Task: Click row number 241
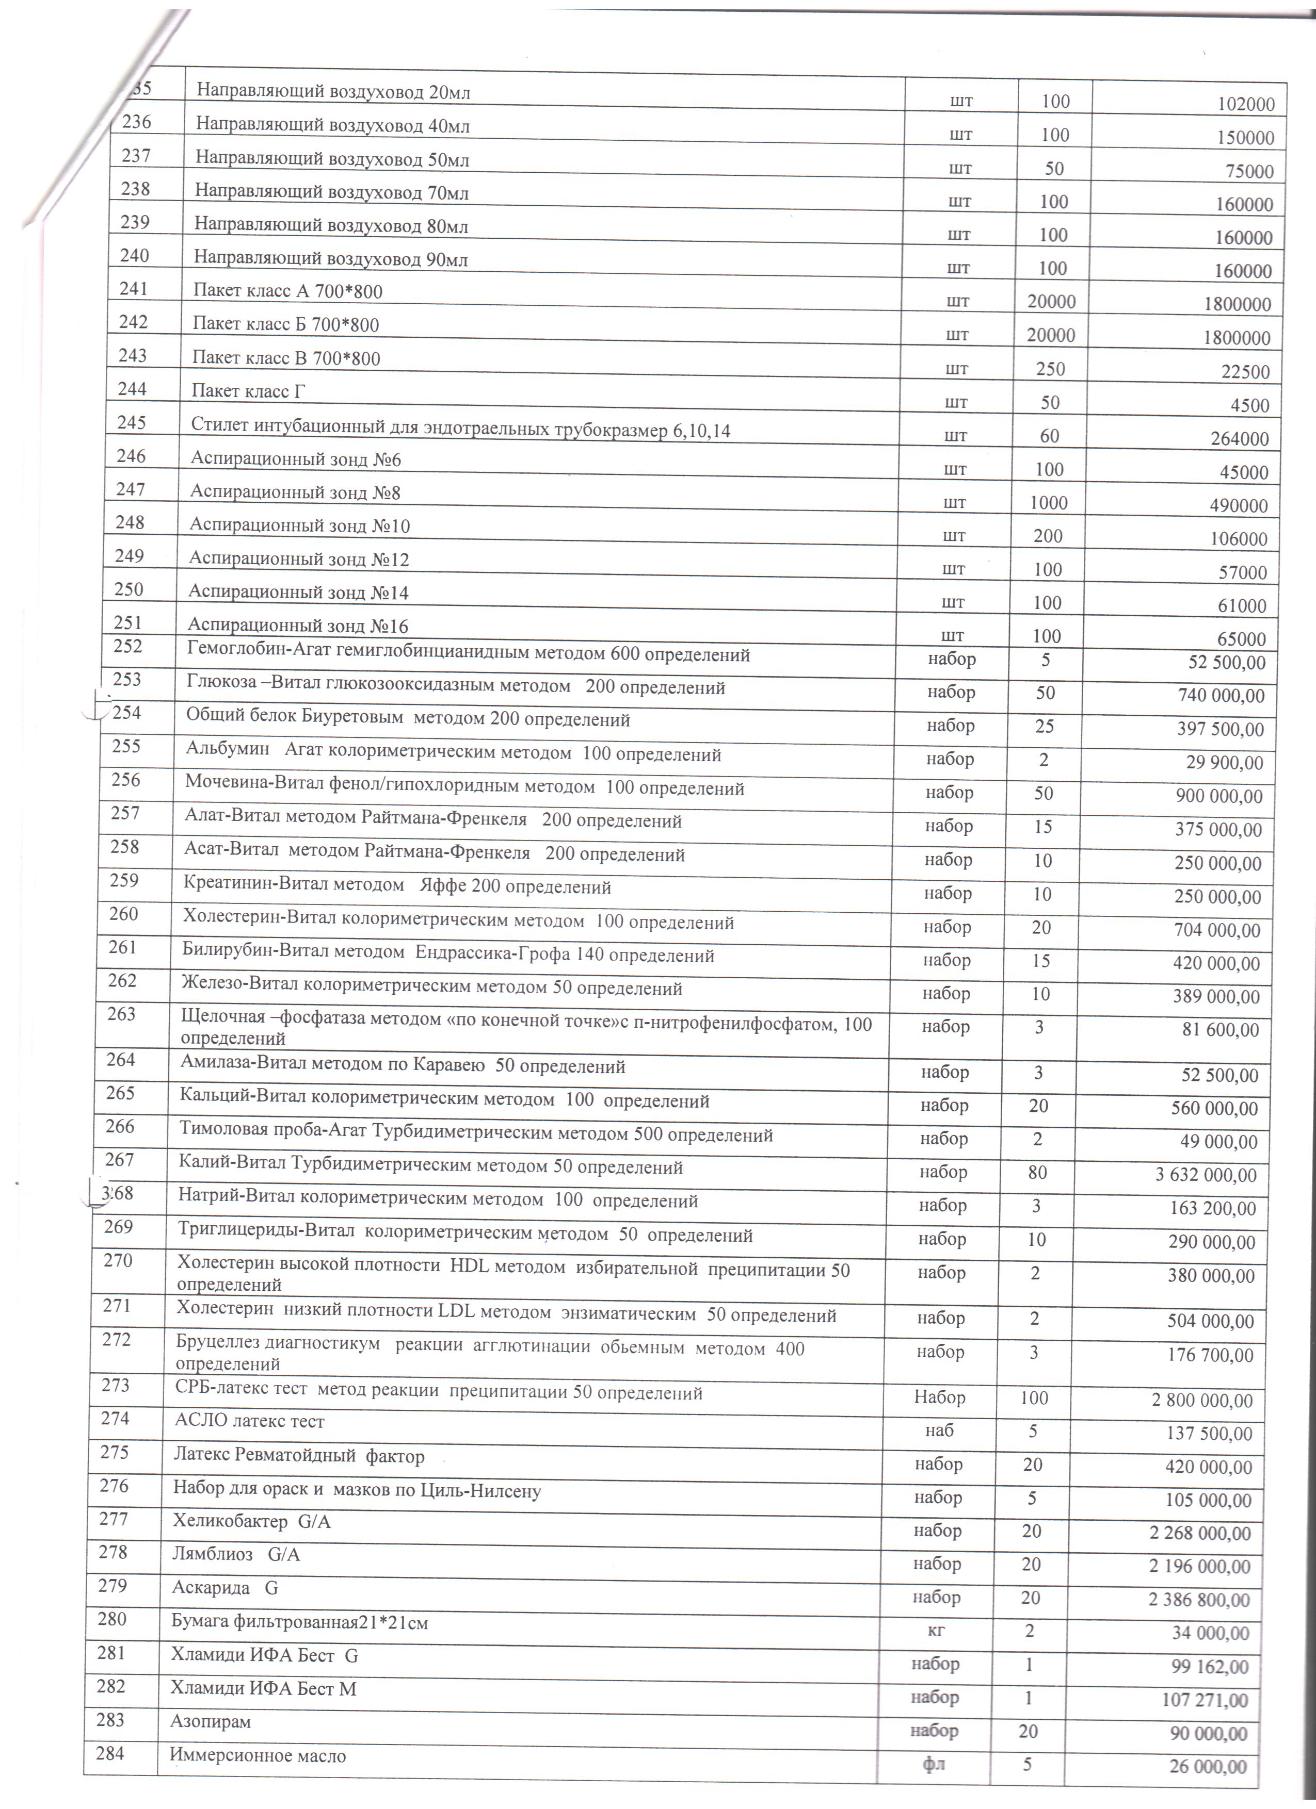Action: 134,289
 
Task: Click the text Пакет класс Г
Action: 248,391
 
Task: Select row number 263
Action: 121,1014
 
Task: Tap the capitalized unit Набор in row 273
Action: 939,1397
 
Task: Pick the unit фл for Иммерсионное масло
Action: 934,1765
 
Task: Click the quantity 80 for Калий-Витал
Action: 1037,1173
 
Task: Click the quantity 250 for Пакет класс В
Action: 1050,369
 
